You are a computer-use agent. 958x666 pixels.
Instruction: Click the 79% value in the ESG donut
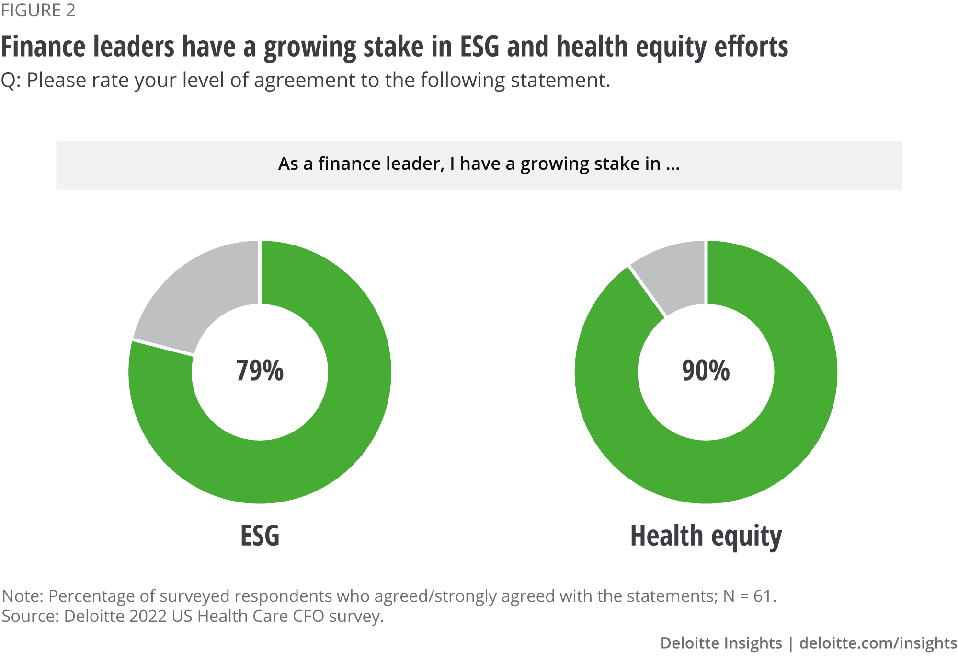point(260,371)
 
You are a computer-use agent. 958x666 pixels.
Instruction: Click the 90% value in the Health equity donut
point(706,371)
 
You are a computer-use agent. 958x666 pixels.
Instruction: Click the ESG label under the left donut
point(260,536)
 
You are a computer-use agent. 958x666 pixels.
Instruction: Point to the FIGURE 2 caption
point(38,11)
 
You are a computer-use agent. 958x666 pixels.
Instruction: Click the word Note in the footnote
point(22,596)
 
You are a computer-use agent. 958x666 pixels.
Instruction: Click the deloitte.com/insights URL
point(878,643)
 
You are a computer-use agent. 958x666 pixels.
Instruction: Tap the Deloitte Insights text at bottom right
point(721,643)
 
